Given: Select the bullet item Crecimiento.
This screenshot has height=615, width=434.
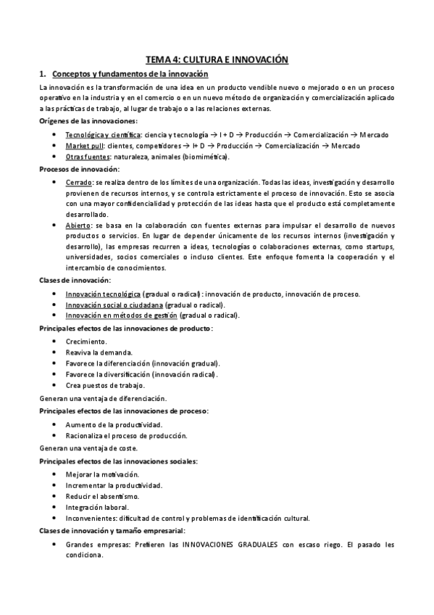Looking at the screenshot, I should [86, 340].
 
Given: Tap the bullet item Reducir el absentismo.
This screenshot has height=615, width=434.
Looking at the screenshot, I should [102, 496].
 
